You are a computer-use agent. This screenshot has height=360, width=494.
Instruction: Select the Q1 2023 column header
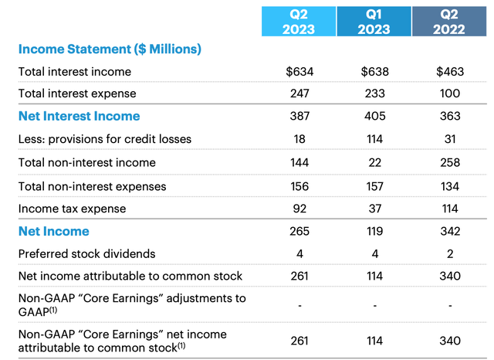pos(374,21)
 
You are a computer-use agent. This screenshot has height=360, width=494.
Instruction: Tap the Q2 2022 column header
pos(448,21)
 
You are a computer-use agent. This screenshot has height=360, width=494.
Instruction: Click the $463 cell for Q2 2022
pos(448,72)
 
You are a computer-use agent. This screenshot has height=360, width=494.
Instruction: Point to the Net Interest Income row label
pos(79,116)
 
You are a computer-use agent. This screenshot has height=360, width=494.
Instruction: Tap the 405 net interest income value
pos(374,117)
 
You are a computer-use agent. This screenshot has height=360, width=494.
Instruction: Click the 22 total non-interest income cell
pos(374,162)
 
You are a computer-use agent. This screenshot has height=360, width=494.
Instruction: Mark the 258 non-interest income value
pos(448,162)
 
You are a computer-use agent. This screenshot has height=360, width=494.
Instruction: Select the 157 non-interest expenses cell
pos(374,185)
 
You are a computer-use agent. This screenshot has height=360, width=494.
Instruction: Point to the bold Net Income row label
pos(53,231)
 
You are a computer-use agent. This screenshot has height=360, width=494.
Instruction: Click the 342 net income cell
pos(448,231)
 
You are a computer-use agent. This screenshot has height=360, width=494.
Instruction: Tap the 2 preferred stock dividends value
pos(448,253)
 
